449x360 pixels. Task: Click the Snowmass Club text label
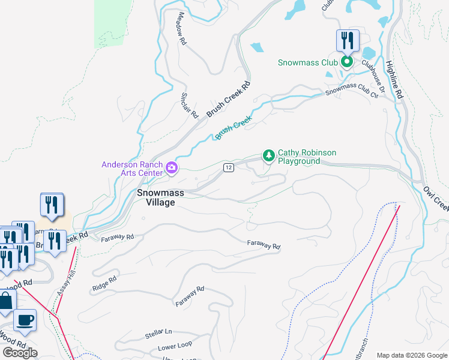[308, 62]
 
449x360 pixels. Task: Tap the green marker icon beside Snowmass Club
[346, 62]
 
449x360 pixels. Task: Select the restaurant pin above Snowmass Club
[347, 41]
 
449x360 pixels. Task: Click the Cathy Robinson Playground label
[307, 157]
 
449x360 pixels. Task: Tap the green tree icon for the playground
[268, 156]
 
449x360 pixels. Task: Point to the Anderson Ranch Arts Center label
[132, 169]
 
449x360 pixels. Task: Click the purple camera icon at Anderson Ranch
[171, 168]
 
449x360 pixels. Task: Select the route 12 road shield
[228, 167]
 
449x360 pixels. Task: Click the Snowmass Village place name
[155, 197]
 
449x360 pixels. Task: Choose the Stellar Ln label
[158, 332]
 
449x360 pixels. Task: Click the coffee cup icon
[25, 320]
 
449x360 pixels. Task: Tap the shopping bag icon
[5, 302]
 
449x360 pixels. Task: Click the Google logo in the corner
[20, 353]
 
